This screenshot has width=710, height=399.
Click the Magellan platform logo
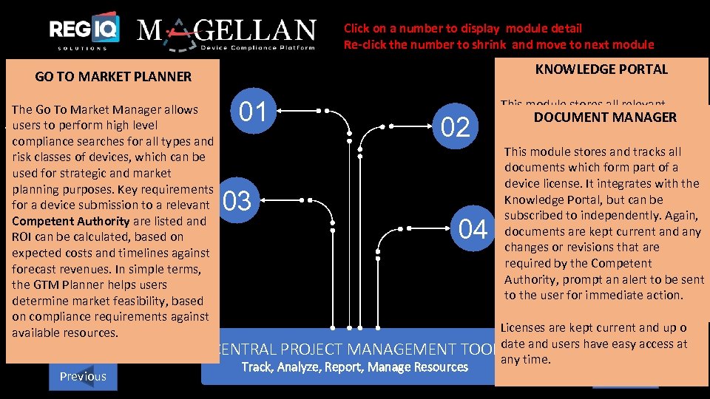(227, 33)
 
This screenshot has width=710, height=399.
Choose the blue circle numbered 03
(237, 201)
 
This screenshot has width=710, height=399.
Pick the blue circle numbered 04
(473, 230)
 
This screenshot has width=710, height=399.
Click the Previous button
(82, 376)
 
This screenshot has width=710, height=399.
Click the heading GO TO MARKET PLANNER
(113, 76)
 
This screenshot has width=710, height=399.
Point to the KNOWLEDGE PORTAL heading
(601, 69)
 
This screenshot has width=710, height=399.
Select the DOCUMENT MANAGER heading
(605, 117)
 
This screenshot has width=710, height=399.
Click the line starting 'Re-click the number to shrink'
(498, 44)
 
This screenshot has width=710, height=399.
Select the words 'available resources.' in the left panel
(65, 333)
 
